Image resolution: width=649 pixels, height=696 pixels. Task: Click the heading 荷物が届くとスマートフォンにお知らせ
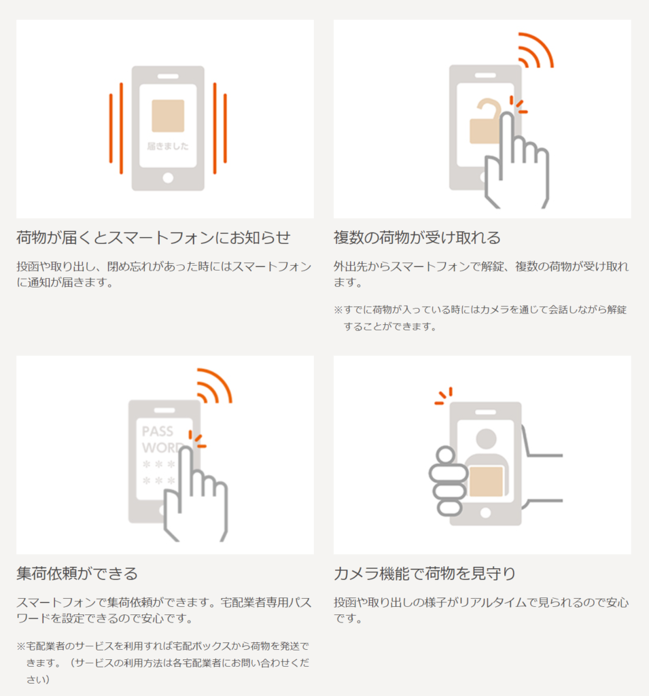(154, 237)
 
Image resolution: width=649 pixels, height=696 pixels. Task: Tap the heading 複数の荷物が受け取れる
(417, 237)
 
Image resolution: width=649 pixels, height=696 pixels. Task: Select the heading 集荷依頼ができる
(77, 574)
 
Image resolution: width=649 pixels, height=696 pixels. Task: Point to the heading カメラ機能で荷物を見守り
(425, 574)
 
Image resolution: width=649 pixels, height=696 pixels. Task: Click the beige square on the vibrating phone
(168, 116)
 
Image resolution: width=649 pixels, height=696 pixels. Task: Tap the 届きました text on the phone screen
(168, 146)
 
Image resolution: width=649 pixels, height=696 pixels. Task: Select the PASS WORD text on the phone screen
(160, 440)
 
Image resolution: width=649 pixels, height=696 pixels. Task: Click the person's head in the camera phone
(486, 438)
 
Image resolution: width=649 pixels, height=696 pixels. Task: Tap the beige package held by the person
(486, 482)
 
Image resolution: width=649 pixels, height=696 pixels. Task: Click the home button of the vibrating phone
(168, 178)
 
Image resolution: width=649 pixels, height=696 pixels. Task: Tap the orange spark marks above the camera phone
(444, 396)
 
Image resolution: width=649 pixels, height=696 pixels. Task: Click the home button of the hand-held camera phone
(486, 512)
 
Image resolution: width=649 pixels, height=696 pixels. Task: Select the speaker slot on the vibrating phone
(168, 76)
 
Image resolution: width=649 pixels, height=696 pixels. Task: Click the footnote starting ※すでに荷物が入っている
(480, 318)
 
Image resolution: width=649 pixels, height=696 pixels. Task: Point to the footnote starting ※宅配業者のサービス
(163, 663)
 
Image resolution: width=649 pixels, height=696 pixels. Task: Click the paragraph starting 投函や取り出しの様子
(481, 610)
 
